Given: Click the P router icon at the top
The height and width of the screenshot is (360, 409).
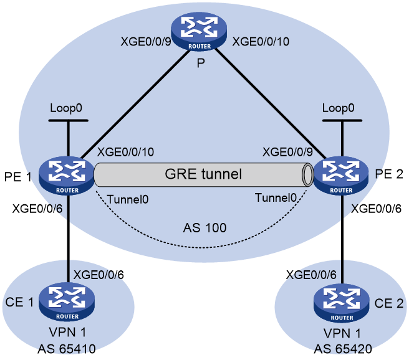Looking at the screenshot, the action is [x=199, y=32].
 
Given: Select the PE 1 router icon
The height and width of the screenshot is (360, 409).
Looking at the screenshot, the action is [x=67, y=175].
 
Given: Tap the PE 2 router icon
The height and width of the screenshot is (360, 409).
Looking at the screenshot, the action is [x=341, y=175].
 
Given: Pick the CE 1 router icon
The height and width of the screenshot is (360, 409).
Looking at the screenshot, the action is [x=67, y=302].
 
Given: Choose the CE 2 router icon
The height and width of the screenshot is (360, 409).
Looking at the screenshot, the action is [x=342, y=303].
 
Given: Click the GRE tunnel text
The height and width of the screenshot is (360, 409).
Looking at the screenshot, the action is [x=203, y=174].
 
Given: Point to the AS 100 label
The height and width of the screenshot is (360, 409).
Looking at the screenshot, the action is [x=205, y=228].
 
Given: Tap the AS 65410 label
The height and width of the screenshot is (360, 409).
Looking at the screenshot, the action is [x=67, y=349].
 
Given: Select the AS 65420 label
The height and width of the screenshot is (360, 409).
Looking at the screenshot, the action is [x=343, y=349].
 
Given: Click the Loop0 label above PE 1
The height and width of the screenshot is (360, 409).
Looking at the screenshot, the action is [x=66, y=108].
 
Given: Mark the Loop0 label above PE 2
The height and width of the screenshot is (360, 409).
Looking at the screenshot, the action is [x=339, y=108].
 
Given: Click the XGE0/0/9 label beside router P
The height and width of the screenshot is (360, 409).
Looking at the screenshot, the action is [x=146, y=42].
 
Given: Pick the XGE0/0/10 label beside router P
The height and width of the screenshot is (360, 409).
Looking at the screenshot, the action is [x=261, y=42].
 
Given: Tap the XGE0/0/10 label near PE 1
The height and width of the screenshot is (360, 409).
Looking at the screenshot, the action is [x=125, y=152].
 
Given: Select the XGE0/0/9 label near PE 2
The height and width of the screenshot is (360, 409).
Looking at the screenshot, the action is [x=287, y=152].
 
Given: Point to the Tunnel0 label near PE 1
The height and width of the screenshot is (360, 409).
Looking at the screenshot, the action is [x=128, y=199].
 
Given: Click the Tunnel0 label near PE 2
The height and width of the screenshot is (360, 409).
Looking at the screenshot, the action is [x=276, y=198].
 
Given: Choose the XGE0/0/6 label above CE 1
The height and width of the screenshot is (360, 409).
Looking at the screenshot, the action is [x=99, y=275].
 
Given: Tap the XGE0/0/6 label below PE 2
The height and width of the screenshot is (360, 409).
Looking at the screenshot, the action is [x=376, y=209].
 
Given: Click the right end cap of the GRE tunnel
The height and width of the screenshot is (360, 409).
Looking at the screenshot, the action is [x=307, y=175].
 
